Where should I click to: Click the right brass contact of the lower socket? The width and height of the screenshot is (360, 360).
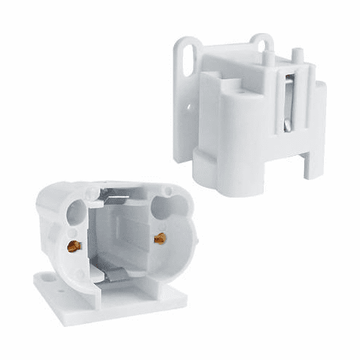[x=159, y=238]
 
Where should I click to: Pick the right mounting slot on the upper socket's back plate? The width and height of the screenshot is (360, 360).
[x=262, y=45]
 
